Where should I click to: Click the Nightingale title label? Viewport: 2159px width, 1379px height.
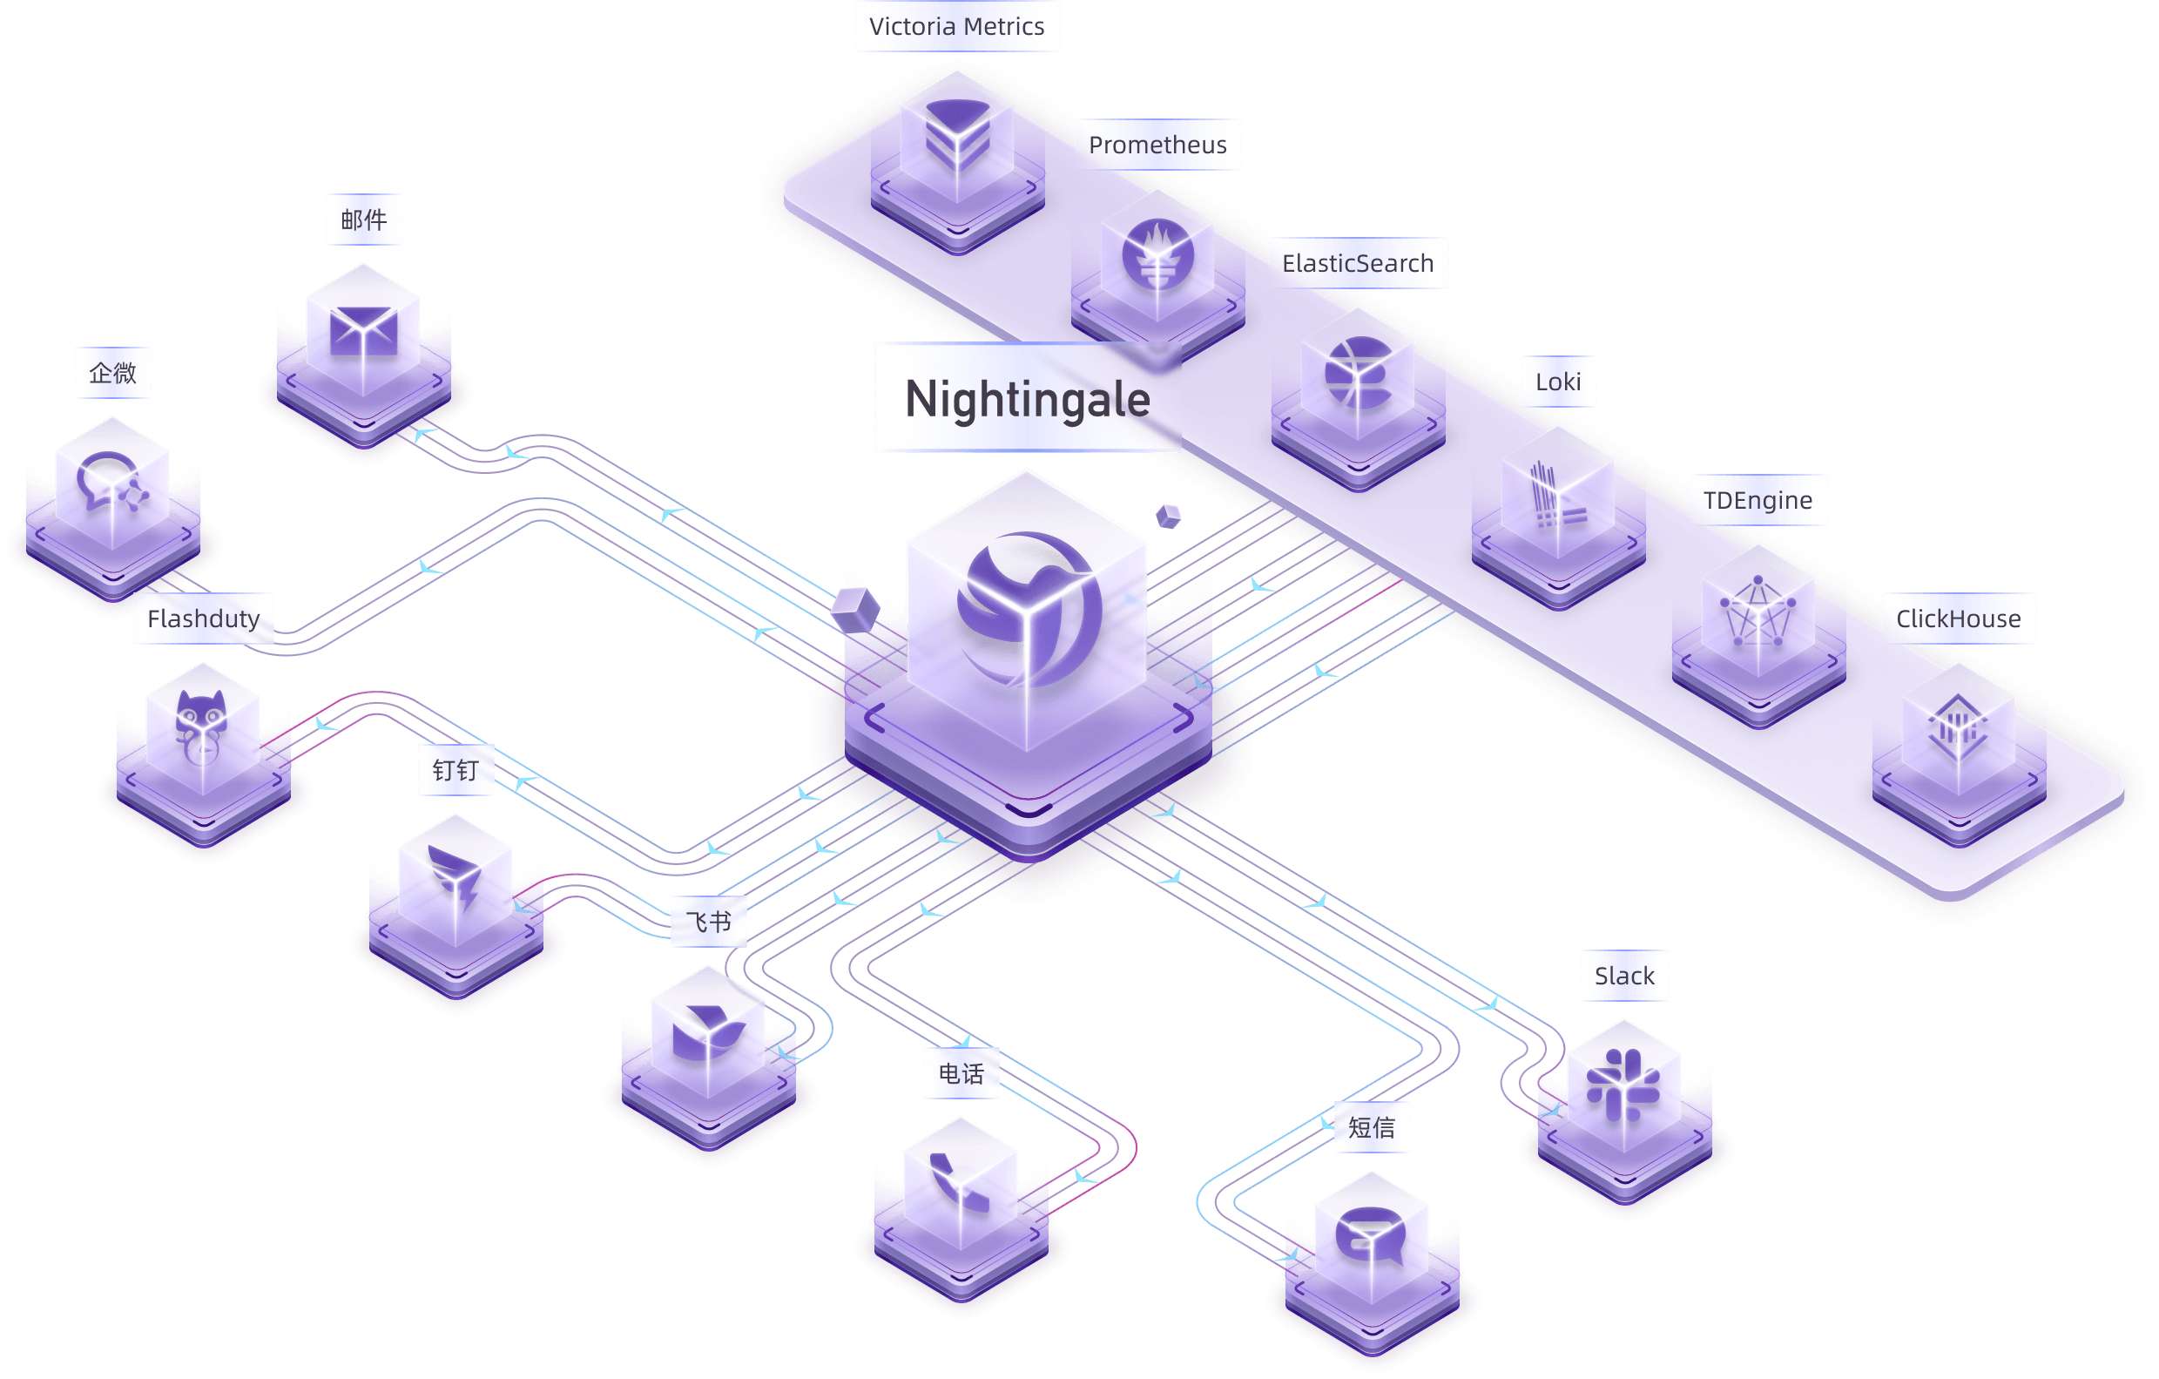[x=1028, y=399]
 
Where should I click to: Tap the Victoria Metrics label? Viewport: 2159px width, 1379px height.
[x=955, y=27]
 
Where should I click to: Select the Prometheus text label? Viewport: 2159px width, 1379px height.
[x=1157, y=145]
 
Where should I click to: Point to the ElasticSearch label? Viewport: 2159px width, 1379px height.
[x=1358, y=264]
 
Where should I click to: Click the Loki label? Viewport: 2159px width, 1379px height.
[x=1557, y=382]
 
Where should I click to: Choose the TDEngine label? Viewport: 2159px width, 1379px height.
[x=1758, y=500]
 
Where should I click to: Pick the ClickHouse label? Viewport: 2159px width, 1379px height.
[x=1958, y=619]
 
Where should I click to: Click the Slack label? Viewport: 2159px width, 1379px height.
[x=1623, y=976]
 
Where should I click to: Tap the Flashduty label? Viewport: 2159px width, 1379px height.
[x=204, y=619]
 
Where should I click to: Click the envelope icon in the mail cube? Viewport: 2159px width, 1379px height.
[x=363, y=331]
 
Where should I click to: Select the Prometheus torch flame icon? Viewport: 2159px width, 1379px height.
[x=1157, y=254]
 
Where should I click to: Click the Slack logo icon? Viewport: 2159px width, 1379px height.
[x=1623, y=1085]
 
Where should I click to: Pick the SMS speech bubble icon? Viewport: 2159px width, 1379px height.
[x=1370, y=1234]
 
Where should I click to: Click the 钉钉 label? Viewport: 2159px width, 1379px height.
[x=455, y=770]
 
